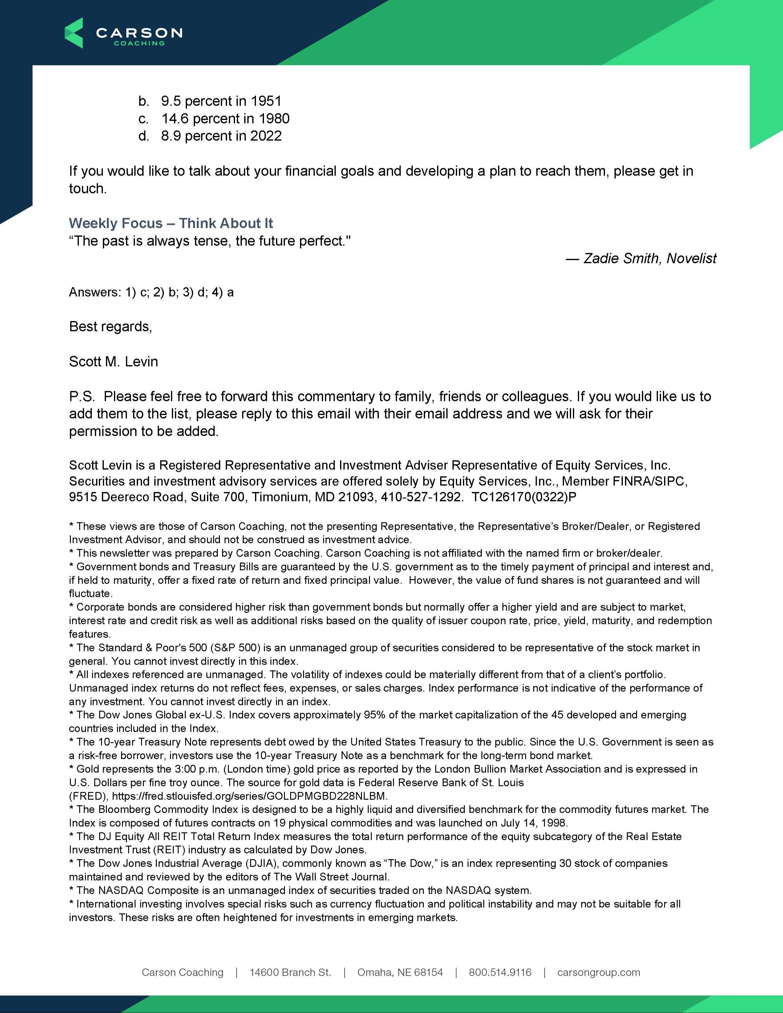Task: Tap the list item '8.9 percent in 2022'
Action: pos(221,136)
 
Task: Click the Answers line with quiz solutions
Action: pos(151,292)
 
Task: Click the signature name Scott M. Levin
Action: pos(114,362)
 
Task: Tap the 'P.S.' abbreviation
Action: pos(82,397)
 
